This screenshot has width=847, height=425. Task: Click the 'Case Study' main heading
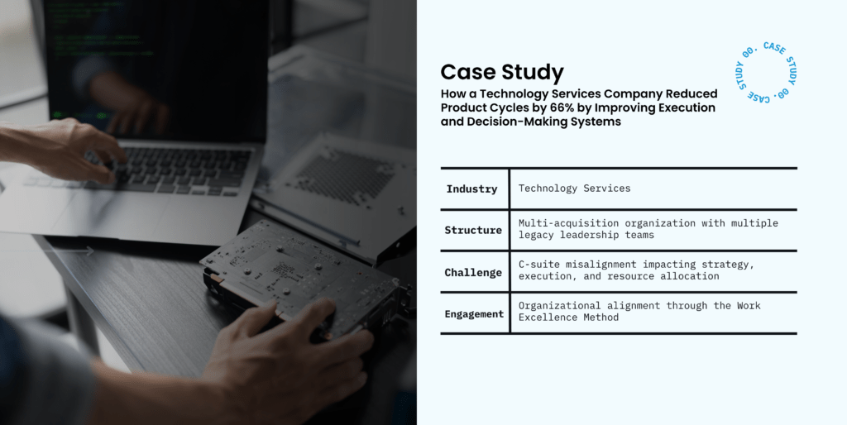tap(502, 73)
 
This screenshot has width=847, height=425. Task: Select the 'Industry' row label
tap(471, 189)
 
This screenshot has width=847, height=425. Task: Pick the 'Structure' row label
tap(473, 231)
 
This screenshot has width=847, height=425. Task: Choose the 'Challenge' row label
tap(473, 273)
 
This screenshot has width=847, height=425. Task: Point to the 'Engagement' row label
tap(474, 314)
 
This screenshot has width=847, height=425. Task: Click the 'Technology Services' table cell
tap(574, 189)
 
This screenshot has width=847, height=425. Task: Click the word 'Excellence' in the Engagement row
tap(548, 317)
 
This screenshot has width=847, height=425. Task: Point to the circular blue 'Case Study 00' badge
tap(767, 72)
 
